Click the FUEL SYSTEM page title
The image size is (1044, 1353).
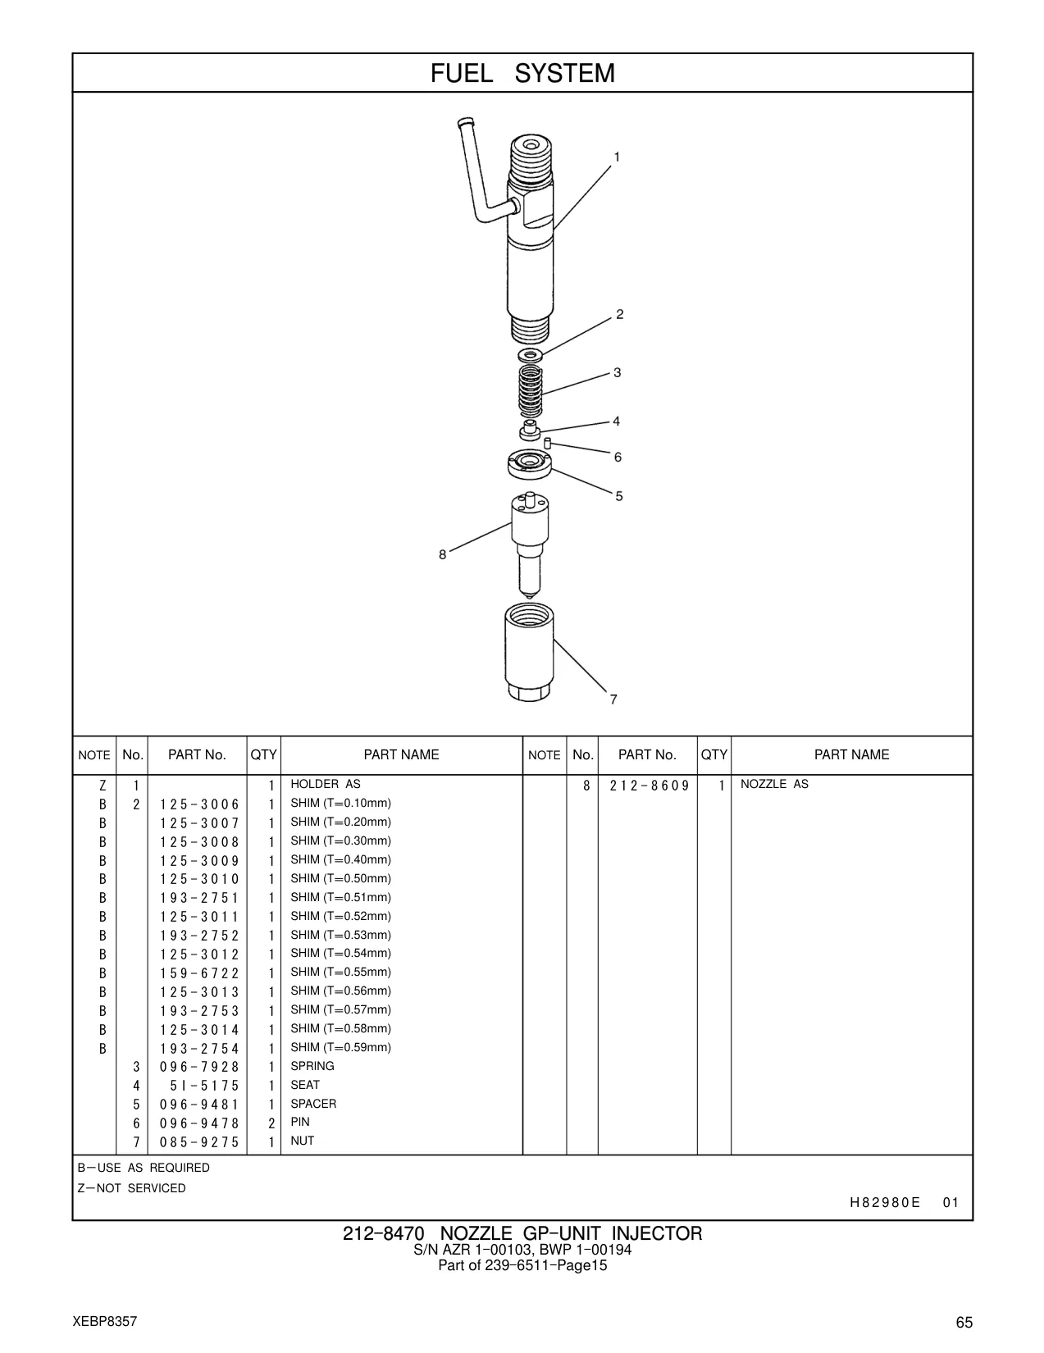click(522, 74)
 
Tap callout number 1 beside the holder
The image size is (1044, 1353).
click(617, 157)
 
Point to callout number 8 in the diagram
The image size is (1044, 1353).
click(442, 554)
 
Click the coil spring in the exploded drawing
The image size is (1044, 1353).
click(531, 390)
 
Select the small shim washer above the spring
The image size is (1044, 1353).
click(531, 356)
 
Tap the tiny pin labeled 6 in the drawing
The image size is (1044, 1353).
click(548, 444)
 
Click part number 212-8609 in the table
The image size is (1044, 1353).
click(650, 786)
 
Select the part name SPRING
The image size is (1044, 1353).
click(312, 1066)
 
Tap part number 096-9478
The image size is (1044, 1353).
click(199, 1123)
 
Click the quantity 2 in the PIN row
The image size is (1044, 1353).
click(271, 1123)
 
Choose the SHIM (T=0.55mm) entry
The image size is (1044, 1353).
click(340, 972)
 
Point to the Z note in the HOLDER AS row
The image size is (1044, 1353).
click(103, 786)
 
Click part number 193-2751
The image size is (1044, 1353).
click(199, 898)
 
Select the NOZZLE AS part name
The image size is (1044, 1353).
click(774, 784)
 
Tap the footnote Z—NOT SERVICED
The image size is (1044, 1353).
click(131, 1188)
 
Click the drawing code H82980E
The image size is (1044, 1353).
click(885, 1202)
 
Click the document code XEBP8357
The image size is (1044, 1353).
click(105, 1321)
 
